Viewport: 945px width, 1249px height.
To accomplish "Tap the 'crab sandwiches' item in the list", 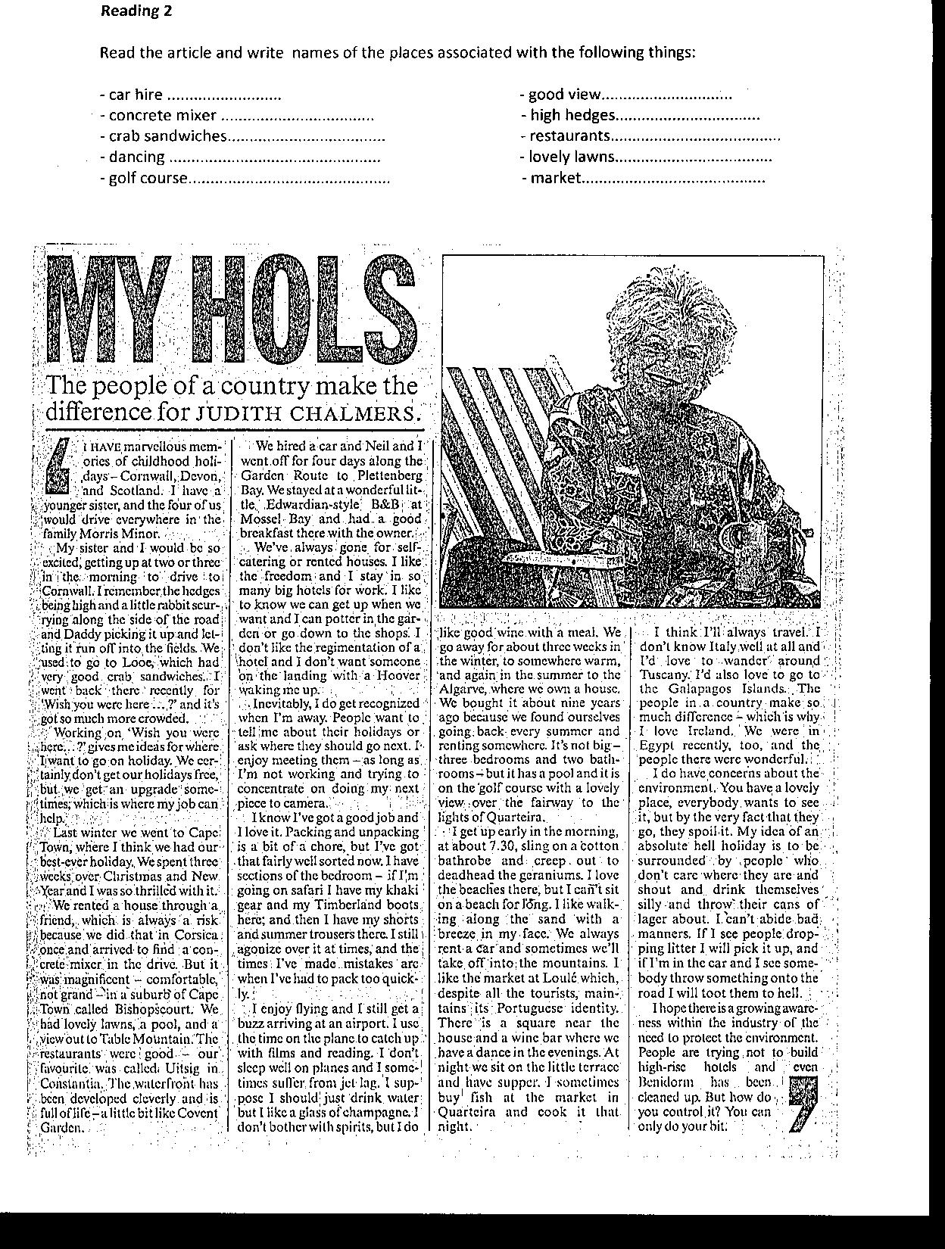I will [167, 135].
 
